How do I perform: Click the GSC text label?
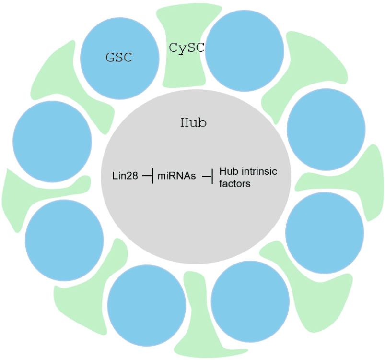click(119, 57)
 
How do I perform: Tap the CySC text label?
click(187, 48)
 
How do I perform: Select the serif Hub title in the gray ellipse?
click(194, 122)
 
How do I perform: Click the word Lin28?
click(125, 176)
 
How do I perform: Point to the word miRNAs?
click(176, 176)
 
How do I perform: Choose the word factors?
click(235, 183)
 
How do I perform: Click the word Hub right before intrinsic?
click(229, 171)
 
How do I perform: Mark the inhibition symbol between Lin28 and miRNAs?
click(148, 176)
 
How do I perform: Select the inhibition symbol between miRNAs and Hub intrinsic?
click(208, 176)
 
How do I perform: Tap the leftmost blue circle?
click(52, 142)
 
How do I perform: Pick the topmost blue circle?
click(245, 50)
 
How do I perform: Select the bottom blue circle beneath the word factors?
click(250, 301)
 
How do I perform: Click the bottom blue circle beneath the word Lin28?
click(147, 305)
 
